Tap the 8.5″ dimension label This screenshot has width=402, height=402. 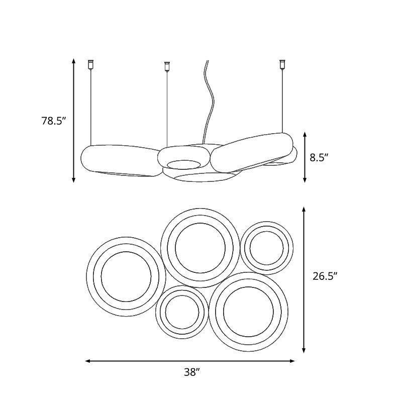point(319,157)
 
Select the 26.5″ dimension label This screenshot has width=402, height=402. point(325,275)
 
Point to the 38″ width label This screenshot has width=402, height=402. point(191,372)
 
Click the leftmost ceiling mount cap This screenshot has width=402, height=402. point(91,64)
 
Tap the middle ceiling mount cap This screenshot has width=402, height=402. point(167,66)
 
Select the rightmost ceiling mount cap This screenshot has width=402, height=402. point(282,64)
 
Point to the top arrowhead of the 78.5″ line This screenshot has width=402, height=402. point(74,61)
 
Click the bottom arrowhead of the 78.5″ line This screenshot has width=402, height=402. point(74,179)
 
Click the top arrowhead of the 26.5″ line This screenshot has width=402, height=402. point(304,210)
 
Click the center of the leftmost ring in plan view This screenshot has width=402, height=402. point(126,276)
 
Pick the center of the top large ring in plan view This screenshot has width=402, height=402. point(200,247)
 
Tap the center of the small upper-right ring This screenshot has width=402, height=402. point(266,248)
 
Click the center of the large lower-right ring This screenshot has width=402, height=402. point(248,312)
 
